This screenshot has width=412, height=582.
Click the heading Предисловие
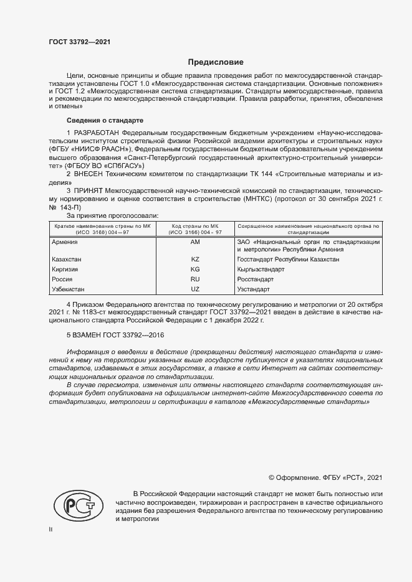click(216, 62)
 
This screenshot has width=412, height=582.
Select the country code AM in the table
click(194, 242)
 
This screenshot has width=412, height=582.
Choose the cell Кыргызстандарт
click(261, 270)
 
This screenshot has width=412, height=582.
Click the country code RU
click(194, 279)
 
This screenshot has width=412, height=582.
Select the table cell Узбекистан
click(69, 290)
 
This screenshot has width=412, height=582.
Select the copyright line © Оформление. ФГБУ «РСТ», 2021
click(325, 478)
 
